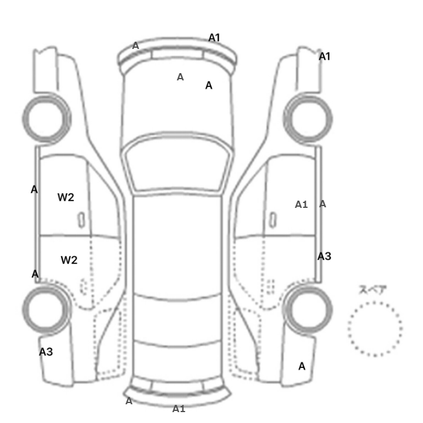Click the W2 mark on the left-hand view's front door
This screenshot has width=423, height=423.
66,198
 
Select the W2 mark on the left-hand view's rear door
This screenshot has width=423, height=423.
69,260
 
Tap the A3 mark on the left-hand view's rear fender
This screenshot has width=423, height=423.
46,352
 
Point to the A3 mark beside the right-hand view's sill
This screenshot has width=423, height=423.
325,256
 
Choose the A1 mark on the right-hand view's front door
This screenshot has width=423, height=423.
302,204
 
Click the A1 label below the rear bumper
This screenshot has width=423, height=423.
179,409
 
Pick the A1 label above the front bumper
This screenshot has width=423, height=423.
215,37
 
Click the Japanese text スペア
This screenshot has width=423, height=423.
373,289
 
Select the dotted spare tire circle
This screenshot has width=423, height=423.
375,302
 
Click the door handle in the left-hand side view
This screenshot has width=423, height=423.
81,220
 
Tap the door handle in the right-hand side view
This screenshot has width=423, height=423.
273,220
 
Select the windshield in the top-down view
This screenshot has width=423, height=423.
176,134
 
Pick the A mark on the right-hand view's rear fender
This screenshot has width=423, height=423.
302,366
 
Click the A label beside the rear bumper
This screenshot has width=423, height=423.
129,401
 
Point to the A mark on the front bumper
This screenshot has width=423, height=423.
135,46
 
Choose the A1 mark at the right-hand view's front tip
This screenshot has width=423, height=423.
325,57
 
